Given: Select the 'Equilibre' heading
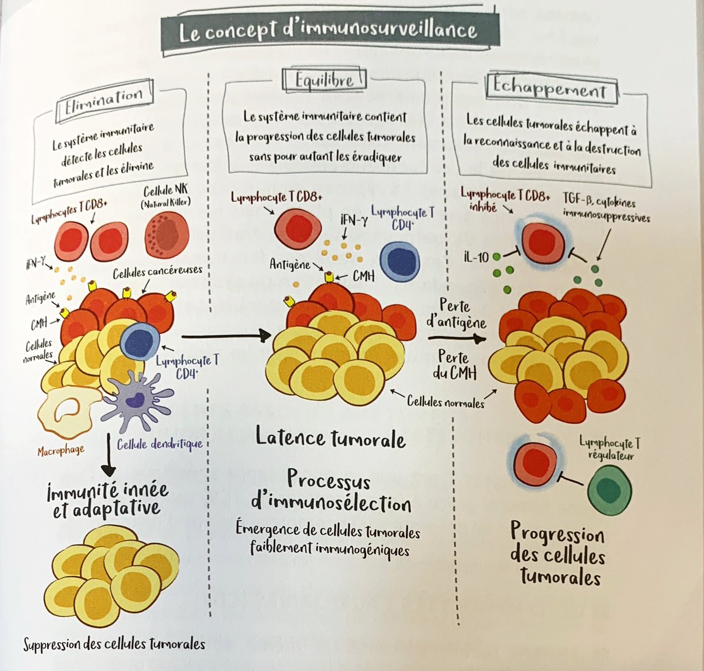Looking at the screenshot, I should tap(324, 79).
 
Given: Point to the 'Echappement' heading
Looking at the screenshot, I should tap(549, 89).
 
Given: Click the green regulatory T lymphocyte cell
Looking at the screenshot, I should tap(610, 490).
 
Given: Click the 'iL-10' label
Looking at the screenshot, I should tap(476, 257).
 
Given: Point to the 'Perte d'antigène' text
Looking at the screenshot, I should tap(456, 314).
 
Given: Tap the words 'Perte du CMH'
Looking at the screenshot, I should tap(454, 365).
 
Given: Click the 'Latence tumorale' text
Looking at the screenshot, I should tap(330, 438).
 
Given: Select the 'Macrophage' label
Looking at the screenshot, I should tap(60, 451).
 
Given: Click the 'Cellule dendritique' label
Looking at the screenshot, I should tap(160, 444).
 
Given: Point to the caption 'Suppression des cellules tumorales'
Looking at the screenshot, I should tap(114, 645).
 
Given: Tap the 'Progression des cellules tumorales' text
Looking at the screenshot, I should tap(557, 553).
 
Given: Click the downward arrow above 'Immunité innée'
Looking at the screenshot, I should tap(109, 455).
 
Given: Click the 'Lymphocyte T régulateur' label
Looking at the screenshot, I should tap(610, 449).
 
